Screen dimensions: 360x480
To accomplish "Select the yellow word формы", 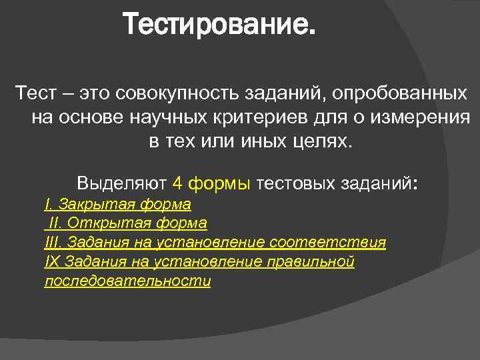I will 219,183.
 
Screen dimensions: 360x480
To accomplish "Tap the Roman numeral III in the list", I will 50,242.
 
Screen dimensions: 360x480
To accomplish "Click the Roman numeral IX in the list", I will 51,261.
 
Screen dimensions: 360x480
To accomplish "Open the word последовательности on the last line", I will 127,281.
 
